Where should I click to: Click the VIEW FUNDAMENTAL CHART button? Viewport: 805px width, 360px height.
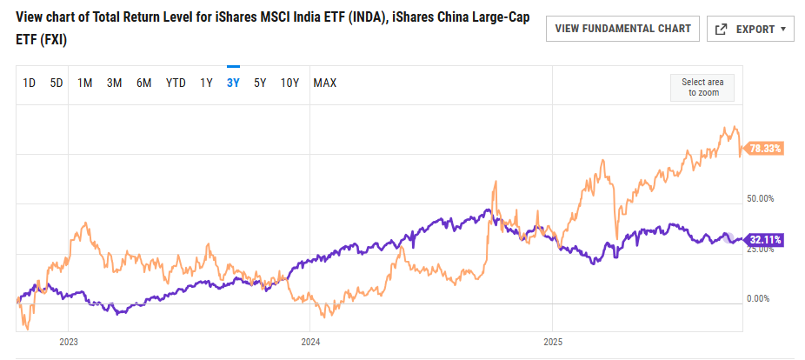pyautogui.click(x=622, y=29)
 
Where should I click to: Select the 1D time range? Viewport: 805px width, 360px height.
pyautogui.click(x=29, y=83)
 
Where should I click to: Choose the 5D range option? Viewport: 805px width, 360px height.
pyautogui.click(x=57, y=83)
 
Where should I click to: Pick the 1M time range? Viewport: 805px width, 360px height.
pyautogui.click(x=85, y=83)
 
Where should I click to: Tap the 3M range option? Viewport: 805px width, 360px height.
pyautogui.click(x=114, y=83)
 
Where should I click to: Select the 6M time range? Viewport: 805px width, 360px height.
pyautogui.click(x=143, y=83)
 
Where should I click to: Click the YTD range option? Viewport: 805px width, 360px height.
pyautogui.click(x=176, y=83)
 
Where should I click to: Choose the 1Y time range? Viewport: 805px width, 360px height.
pyautogui.click(x=206, y=83)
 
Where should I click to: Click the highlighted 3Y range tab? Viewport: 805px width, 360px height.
pyautogui.click(x=233, y=83)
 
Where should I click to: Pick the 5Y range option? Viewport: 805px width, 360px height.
pyautogui.click(x=260, y=83)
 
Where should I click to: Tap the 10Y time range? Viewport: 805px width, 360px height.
pyautogui.click(x=289, y=83)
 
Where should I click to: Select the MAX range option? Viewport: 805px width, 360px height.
pyautogui.click(x=325, y=83)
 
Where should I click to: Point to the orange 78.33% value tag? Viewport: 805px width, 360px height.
pyautogui.click(x=766, y=149)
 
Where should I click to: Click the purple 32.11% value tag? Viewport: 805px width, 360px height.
pyautogui.click(x=766, y=239)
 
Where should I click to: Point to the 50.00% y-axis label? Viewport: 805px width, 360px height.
pyautogui.click(x=761, y=198)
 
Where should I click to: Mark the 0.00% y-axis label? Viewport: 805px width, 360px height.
pyautogui.click(x=759, y=298)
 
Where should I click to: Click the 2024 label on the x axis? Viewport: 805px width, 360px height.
pyautogui.click(x=310, y=341)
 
